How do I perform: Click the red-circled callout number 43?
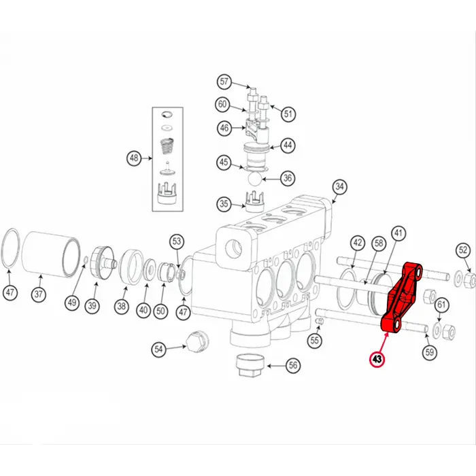376,358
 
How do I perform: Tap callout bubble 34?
339,186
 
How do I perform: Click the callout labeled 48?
134,159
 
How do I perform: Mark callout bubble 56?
293,365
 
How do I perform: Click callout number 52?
462,250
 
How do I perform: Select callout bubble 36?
288,178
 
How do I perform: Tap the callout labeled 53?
177,241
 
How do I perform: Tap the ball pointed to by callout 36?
253,178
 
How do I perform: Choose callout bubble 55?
313,340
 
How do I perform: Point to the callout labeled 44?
288,146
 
